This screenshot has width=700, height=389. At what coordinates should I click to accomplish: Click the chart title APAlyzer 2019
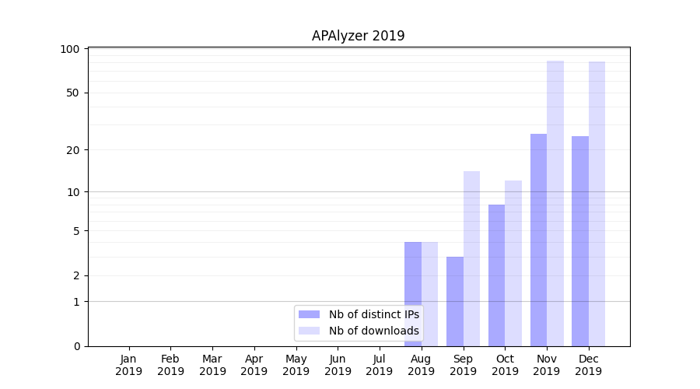click(358, 36)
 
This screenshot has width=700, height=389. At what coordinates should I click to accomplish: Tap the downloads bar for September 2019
click(471, 258)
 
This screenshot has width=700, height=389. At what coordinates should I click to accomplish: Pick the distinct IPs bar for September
click(454, 301)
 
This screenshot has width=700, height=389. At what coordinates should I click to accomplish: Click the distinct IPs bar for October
click(496, 275)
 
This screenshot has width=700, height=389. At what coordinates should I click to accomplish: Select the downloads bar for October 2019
click(513, 263)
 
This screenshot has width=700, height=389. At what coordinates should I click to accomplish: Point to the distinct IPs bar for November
click(538, 240)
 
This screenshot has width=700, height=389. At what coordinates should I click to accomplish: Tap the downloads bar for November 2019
click(555, 203)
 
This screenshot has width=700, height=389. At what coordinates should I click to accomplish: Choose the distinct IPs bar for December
click(580, 241)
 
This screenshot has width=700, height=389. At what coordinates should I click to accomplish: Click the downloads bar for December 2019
click(597, 204)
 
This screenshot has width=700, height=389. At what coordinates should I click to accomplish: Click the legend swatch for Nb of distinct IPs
click(309, 314)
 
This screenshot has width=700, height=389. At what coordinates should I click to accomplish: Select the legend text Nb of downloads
click(373, 331)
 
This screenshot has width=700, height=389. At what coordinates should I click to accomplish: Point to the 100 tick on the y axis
click(70, 49)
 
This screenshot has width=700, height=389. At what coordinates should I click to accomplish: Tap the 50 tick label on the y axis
click(73, 93)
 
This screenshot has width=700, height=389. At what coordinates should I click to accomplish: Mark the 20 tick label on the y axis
click(73, 149)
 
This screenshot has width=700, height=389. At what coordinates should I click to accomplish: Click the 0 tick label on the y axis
click(76, 346)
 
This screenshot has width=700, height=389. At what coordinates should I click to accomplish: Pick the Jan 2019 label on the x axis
click(128, 365)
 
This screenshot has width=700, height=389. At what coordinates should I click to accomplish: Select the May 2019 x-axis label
click(296, 365)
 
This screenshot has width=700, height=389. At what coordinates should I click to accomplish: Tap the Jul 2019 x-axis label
click(380, 365)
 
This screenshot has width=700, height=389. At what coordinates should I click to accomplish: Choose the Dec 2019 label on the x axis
click(589, 365)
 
